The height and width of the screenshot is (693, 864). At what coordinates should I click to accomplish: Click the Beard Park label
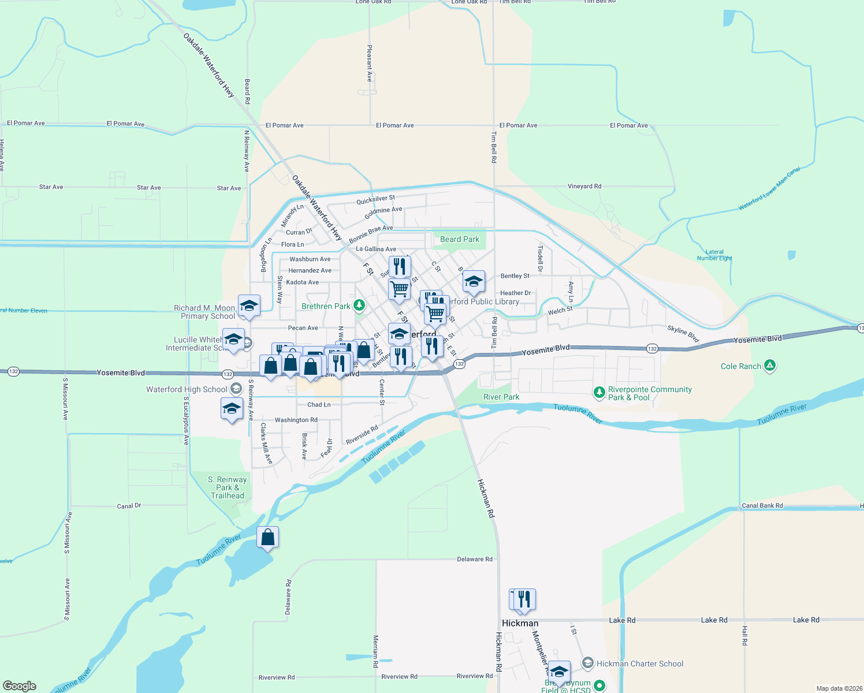pyautogui.click(x=459, y=239)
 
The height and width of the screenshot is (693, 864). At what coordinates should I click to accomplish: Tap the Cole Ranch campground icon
pyautogui.click(x=769, y=366)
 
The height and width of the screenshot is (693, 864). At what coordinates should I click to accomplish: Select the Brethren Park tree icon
pyautogui.click(x=359, y=305)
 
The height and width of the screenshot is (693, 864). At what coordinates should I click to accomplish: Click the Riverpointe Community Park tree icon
pyautogui.click(x=599, y=393)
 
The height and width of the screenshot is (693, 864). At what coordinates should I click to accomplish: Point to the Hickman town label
pyautogui.click(x=520, y=623)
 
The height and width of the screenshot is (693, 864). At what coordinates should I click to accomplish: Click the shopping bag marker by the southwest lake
pyautogui.click(x=268, y=538)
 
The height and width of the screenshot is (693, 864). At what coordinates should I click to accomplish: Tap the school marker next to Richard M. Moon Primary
pyautogui.click(x=249, y=306)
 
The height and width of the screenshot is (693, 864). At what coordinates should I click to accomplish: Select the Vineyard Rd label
pyautogui.click(x=584, y=187)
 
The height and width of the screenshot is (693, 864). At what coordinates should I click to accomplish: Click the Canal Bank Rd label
pyautogui.click(x=762, y=506)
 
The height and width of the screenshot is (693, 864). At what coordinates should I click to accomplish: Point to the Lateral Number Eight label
pyautogui.click(x=714, y=255)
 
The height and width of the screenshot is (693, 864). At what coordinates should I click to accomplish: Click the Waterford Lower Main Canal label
pyautogui.click(x=769, y=188)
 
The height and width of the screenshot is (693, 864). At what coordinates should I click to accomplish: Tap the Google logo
pyautogui.click(x=19, y=686)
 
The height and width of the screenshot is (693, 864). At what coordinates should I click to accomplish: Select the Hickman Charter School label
pyautogui.click(x=639, y=664)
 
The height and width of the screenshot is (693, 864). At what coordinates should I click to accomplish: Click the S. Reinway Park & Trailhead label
pyautogui.click(x=228, y=487)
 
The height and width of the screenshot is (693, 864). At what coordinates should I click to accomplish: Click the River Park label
pyautogui.click(x=501, y=397)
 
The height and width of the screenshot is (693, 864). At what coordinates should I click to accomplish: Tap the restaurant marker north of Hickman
pyautogui.click(x=524, y=599)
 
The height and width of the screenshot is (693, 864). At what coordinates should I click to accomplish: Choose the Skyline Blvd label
pyautogui.click(x=683, y=333)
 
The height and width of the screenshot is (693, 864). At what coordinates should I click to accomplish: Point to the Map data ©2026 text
pyautogui.click(x=839, y=688)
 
